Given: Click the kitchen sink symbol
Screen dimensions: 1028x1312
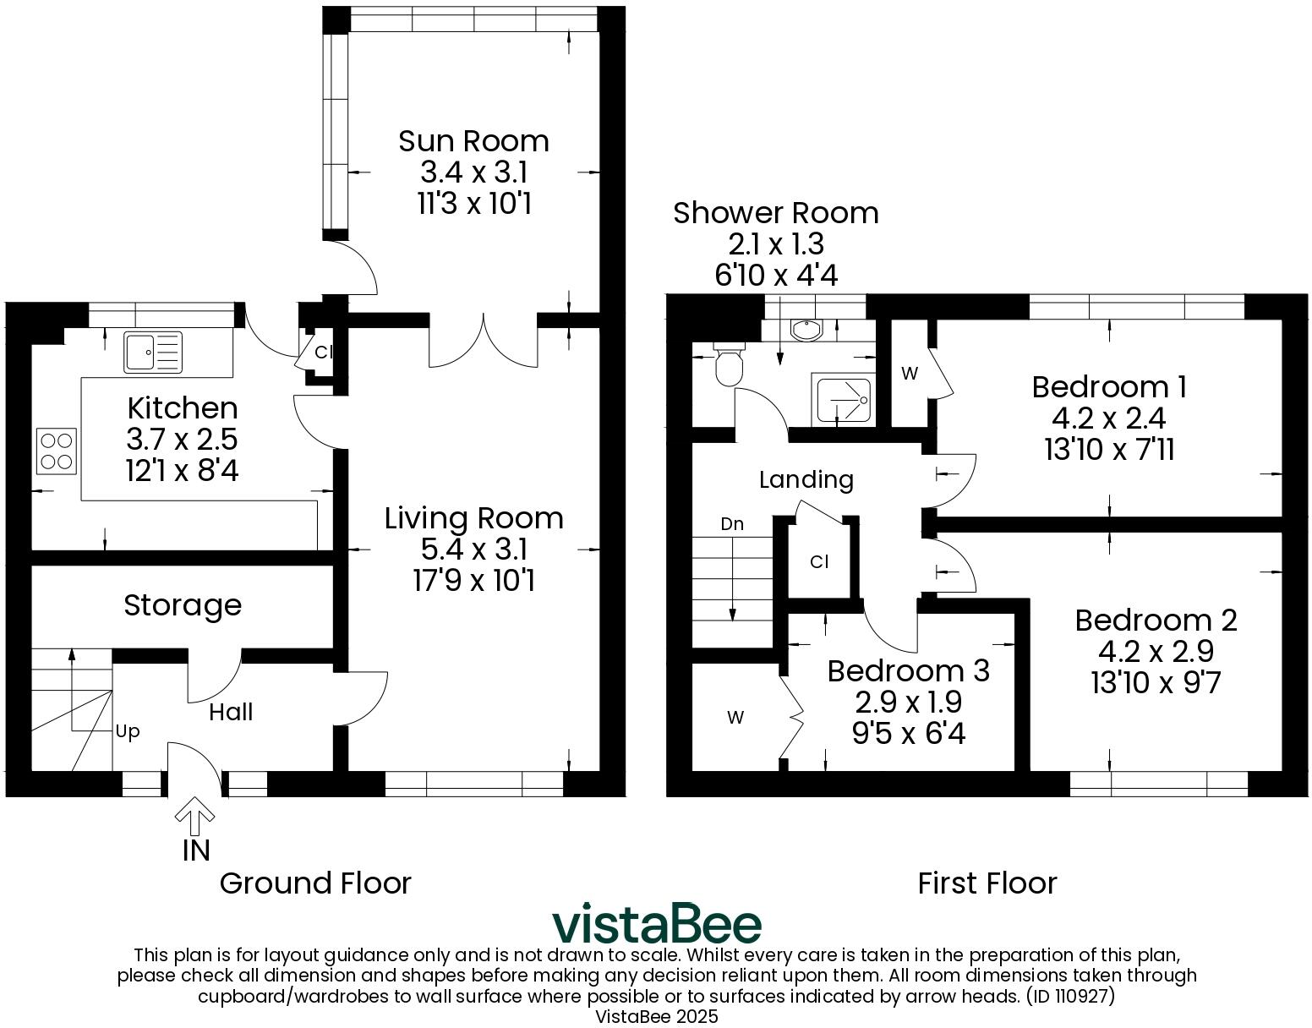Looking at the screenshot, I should [x=153, y=352].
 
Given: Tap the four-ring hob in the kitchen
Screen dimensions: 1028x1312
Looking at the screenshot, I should [x=57, y=451].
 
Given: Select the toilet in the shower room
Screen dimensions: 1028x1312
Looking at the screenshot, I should [x=728, y=364].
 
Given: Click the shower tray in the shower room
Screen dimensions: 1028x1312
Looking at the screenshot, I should [x=842, y=399].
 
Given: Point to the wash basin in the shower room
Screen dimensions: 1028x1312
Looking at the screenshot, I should [x=804, y=329].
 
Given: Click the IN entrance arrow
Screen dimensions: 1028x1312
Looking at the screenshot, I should [x=194, y=817].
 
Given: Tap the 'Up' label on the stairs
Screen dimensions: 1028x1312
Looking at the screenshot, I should [x=128, y=731].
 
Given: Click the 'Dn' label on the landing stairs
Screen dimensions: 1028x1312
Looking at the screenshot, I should [x=732, y=524].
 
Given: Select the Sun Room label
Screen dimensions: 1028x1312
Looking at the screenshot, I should [x=473, y=140].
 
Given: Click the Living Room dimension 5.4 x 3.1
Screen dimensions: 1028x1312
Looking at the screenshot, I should [x=473, y=550].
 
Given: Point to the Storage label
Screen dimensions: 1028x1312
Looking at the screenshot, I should [x=183, y=605].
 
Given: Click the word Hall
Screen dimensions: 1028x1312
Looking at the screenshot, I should [x=231, y=713].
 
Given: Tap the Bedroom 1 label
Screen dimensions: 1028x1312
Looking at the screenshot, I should [x=1109, y=386].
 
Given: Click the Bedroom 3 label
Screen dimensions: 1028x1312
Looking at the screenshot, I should [x=908, y=670].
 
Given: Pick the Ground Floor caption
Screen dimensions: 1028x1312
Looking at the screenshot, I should [x=314, y=883].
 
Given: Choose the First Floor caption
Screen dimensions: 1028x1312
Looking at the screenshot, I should [x=987, y=883].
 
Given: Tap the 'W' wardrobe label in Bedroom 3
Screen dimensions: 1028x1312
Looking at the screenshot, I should [x=735, y=718].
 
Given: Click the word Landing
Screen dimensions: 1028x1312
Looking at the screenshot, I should [x=806, y=480].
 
